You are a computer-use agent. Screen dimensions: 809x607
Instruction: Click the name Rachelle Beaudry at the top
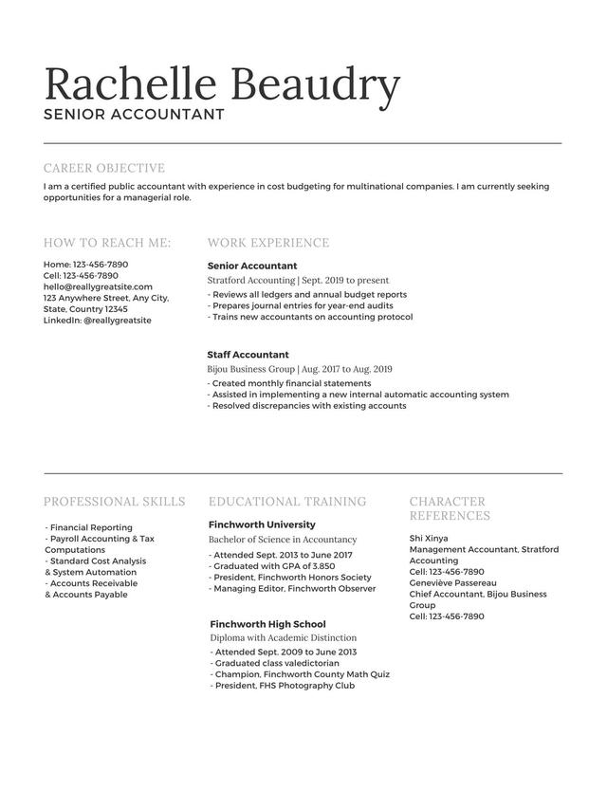click(222, 84)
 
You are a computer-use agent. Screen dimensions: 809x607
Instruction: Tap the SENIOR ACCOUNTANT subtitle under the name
click(134, 115)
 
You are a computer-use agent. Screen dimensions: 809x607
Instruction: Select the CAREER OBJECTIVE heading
click(104, 168)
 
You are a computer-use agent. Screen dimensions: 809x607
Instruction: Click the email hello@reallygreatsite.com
click(98, 286)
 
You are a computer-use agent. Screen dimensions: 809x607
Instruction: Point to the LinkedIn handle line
click(98, 321)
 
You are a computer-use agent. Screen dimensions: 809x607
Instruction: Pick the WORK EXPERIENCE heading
click(268, 243)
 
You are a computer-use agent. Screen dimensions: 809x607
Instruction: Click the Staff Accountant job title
click(248, 355)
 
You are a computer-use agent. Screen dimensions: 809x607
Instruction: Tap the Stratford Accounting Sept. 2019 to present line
click(298, 281)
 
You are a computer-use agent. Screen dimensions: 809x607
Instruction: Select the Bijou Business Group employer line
click(300, 369)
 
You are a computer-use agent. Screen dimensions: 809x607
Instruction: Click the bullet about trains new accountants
click(310, 317)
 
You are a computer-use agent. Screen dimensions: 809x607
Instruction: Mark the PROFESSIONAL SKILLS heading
click(115, 502)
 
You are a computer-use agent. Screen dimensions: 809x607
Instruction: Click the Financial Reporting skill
click(89, 527)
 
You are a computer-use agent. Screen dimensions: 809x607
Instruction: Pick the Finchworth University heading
click(262, 524)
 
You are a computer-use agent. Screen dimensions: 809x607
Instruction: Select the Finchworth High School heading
click(267, 624)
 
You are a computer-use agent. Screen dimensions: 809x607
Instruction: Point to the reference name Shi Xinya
click(429, 538)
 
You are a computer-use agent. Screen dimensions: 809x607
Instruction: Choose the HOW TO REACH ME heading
click(107, 243)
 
